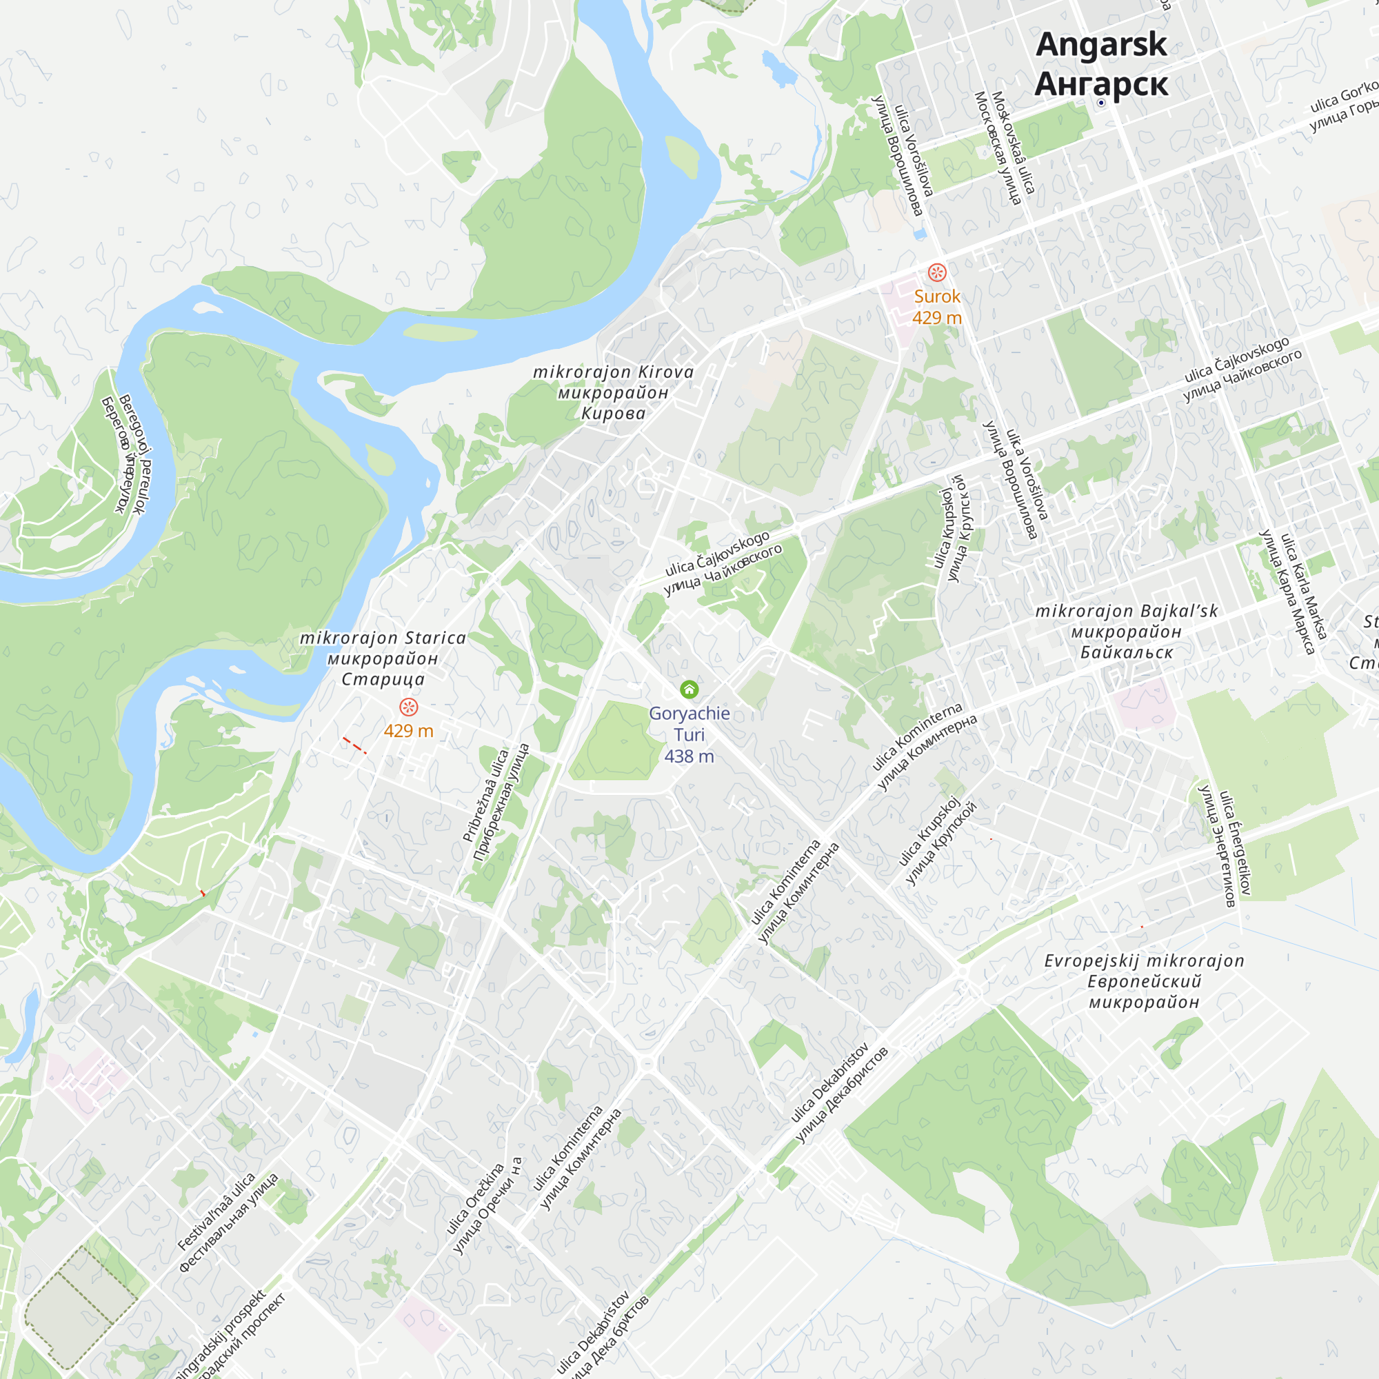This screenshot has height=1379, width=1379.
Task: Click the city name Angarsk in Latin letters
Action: (x=1100, y=44)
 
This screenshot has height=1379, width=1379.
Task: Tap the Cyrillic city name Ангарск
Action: (x=1100, y=83)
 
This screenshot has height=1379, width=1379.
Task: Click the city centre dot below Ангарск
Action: (x=1100, y=103)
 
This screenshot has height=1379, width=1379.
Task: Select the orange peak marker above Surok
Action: (x=936, y=272)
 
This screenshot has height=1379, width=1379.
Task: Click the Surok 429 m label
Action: (x=936, y=307)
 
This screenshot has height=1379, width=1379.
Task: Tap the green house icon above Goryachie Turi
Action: (x=689, y=689)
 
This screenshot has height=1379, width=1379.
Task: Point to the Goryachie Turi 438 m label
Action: (x=689, y=734)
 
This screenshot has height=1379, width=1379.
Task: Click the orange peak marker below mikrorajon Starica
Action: (x=408, y=707)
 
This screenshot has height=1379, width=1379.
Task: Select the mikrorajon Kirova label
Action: (x=613, y=392)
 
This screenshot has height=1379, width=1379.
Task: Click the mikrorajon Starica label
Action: (x=383, y=658)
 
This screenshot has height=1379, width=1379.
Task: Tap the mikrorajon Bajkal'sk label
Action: (x=1127, y=632)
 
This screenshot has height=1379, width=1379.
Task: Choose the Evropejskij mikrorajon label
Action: (x=1144, y=981)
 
